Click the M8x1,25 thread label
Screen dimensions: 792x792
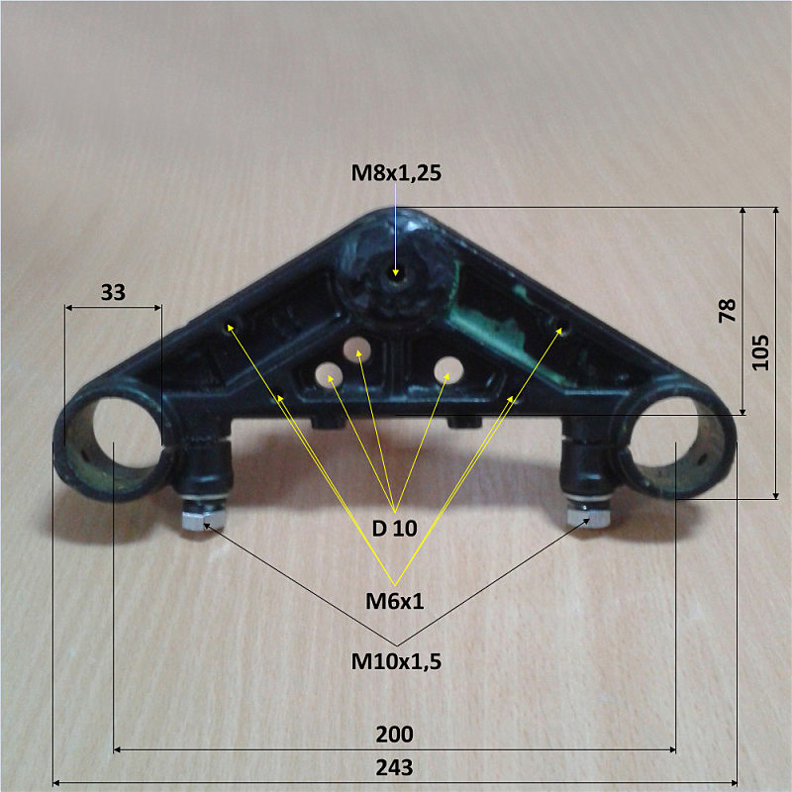(396, 172)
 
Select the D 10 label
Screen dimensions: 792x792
(394, 529)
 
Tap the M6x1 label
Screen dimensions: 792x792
(394, 601)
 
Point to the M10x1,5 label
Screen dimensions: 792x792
(396, 661)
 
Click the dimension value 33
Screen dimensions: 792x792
(113, 292)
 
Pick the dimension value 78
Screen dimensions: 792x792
(728, 311)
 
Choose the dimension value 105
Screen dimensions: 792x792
(760, 352)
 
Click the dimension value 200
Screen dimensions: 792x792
(394, 734)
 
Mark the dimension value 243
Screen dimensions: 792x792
(394, 768)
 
